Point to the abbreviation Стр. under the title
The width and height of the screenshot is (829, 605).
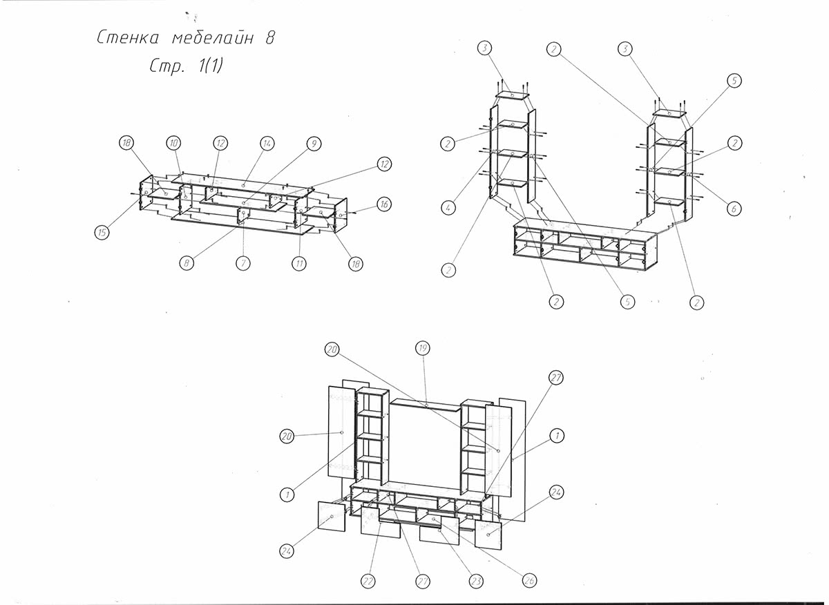point(164,67)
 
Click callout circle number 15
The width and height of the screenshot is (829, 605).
point(102,233)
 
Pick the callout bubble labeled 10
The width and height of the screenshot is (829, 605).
point(173,143)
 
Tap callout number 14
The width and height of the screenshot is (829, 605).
point(267,143)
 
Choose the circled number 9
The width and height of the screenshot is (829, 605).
point(314,144)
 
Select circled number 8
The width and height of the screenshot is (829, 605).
point(185,263)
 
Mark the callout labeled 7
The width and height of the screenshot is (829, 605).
point(242,263)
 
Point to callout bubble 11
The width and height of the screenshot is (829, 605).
point(298,263)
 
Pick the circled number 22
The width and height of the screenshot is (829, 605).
point(369,582)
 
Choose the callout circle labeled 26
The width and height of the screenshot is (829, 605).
point(529,582)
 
